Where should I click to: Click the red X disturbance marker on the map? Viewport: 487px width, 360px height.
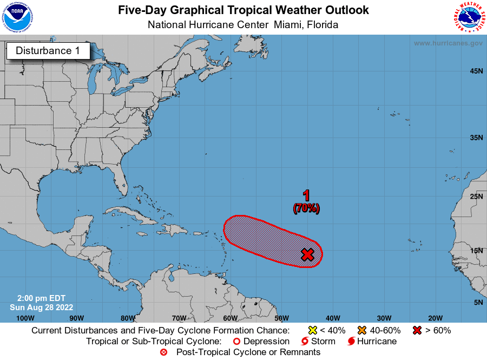[x=307, y=254]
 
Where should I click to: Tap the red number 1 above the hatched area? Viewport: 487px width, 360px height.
[x=306, y=196]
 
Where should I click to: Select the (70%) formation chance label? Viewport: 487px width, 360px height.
[x=306, y=208]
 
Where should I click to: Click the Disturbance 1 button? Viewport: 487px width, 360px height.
[x=48, y=51]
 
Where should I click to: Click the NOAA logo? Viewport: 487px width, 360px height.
[x=17, y=17]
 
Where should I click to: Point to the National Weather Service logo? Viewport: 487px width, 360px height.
[x=468, y=17]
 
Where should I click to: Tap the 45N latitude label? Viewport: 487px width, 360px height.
[x=476, y=71]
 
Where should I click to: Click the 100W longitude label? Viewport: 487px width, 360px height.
[x=25, y=318]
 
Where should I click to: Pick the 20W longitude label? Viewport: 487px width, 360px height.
[x=435, y=318]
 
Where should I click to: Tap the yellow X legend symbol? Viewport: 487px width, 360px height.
[x=312, y=330]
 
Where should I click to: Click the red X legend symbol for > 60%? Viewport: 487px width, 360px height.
[x=417, y=330]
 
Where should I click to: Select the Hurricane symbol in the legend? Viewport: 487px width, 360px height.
[x=352, y=342]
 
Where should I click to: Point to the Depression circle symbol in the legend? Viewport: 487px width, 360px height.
[x=236, y=342]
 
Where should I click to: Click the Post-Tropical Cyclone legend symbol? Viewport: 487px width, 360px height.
[x=163, y=352]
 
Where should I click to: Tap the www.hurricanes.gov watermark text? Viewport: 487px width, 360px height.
[x=447, y=43]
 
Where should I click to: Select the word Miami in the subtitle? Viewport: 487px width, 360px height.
[x=288, y=24]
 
